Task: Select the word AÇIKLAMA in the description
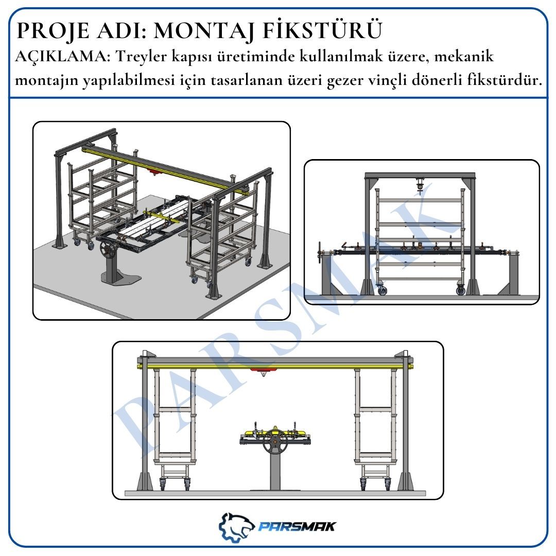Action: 60,57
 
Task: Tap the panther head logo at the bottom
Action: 236,527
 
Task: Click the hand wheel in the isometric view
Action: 109,250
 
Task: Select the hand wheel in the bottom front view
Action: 275,441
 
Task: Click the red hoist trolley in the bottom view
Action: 263,371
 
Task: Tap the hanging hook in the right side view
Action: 420,186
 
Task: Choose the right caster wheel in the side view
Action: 461,290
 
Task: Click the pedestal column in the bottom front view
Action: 274,472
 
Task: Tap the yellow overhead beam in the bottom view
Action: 275,366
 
